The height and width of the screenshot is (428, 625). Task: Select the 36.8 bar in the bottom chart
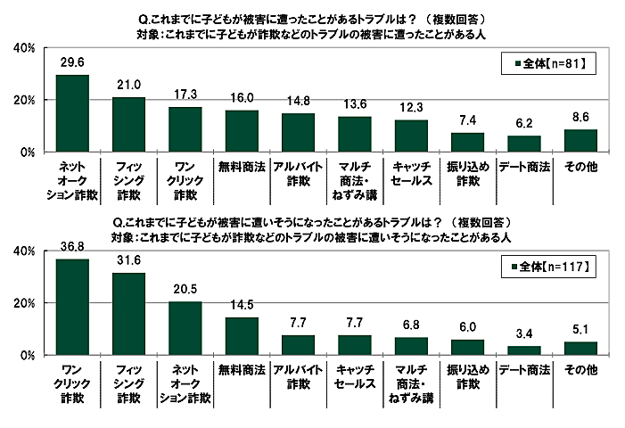click(72, 307)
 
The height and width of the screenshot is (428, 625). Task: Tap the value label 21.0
click(128, 86)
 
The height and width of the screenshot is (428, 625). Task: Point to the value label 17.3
click(185, 95)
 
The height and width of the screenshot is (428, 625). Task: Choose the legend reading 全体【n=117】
click(546, 266)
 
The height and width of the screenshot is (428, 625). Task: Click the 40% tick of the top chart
click(23, 47)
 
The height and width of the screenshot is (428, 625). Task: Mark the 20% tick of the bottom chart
click(23, 303)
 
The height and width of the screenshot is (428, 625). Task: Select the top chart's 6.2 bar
click(523, 144)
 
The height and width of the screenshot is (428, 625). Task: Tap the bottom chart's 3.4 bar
click(523, 350)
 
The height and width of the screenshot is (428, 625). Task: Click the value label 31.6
click(128, 262)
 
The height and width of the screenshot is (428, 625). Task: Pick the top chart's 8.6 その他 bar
click(580, 141)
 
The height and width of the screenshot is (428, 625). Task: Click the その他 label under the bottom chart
click(580, 369)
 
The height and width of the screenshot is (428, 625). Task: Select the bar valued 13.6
click(354, 135)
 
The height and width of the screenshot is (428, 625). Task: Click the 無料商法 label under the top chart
click(242, 166)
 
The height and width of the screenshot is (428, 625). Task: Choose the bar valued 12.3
click(411, 136)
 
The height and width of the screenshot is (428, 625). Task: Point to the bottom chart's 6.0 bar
click(467, 347)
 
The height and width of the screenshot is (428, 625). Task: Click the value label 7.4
click(467, 120)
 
